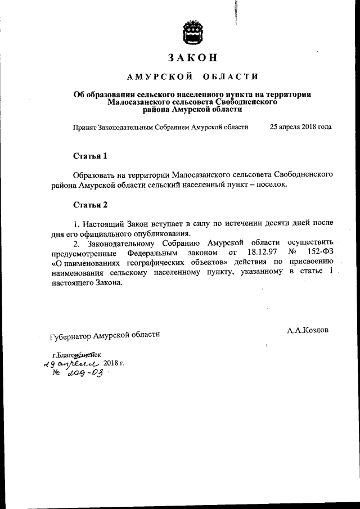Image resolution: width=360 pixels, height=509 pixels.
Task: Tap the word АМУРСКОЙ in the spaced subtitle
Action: [152, 76]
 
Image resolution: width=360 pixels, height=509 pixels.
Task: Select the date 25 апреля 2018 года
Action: [300, 127]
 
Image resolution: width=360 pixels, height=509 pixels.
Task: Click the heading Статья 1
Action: [89, 155]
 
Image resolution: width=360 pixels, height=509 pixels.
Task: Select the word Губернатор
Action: [71, 336]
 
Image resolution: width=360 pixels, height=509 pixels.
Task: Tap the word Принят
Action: [85, 127]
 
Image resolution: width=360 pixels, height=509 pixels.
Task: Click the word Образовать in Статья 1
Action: [96, 175]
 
